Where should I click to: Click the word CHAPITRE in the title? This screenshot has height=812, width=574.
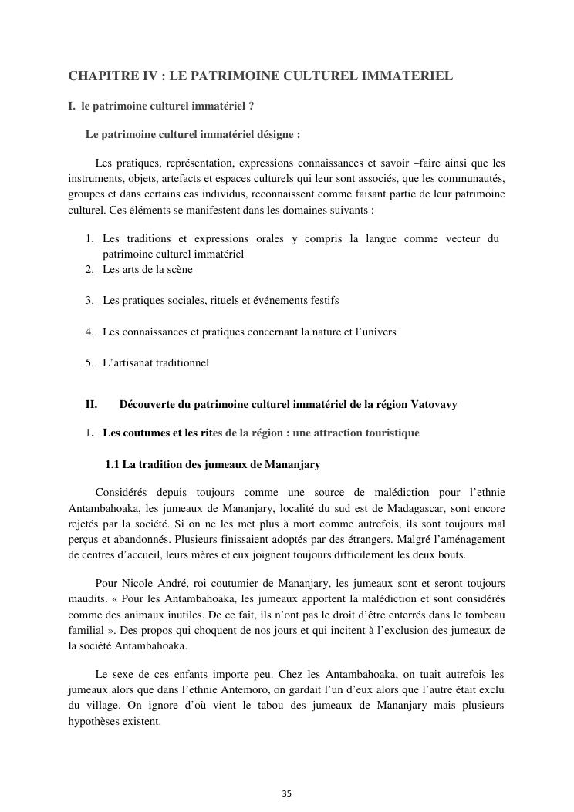tap(99, 76)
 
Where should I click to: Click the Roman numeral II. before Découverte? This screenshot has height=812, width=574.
tap(91, 404)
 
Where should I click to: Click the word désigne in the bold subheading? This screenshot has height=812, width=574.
tap(274, 134)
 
